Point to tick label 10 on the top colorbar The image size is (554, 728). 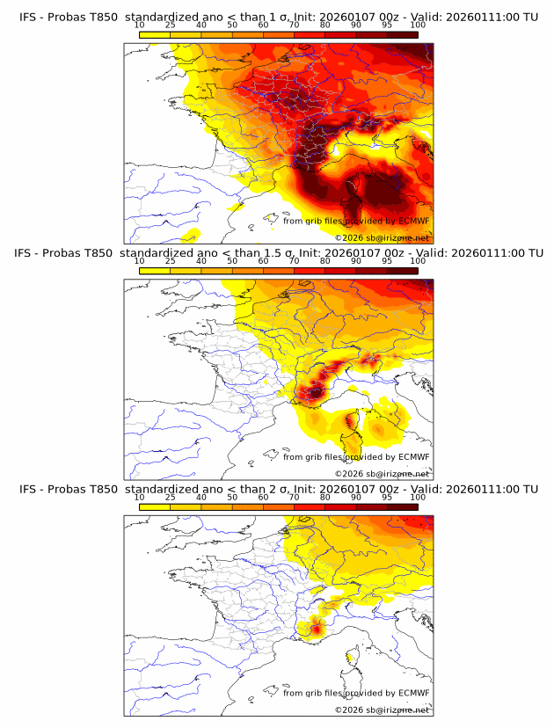click(140, 25)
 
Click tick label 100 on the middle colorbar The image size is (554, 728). click(418, 261)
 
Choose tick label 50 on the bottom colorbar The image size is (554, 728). click(232, 497)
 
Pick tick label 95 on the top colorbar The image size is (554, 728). click(387, 25)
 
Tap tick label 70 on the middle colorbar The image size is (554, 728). click(294, 261)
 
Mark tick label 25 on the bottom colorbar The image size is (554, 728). click(171, 497)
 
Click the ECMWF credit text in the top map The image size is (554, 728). click(356, 221)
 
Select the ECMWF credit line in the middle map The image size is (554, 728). click(356, 456)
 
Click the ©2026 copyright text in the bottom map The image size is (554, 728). click(382, 710)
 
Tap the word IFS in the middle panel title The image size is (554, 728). click(29, 253)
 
